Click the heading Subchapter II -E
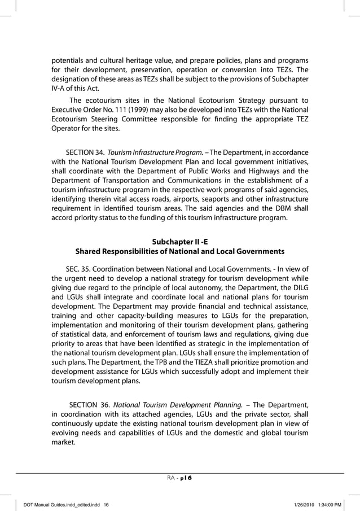point(180,241)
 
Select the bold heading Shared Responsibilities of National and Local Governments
point(180,251)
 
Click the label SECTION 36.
point(89,404)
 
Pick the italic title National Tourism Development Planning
point(178,404)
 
